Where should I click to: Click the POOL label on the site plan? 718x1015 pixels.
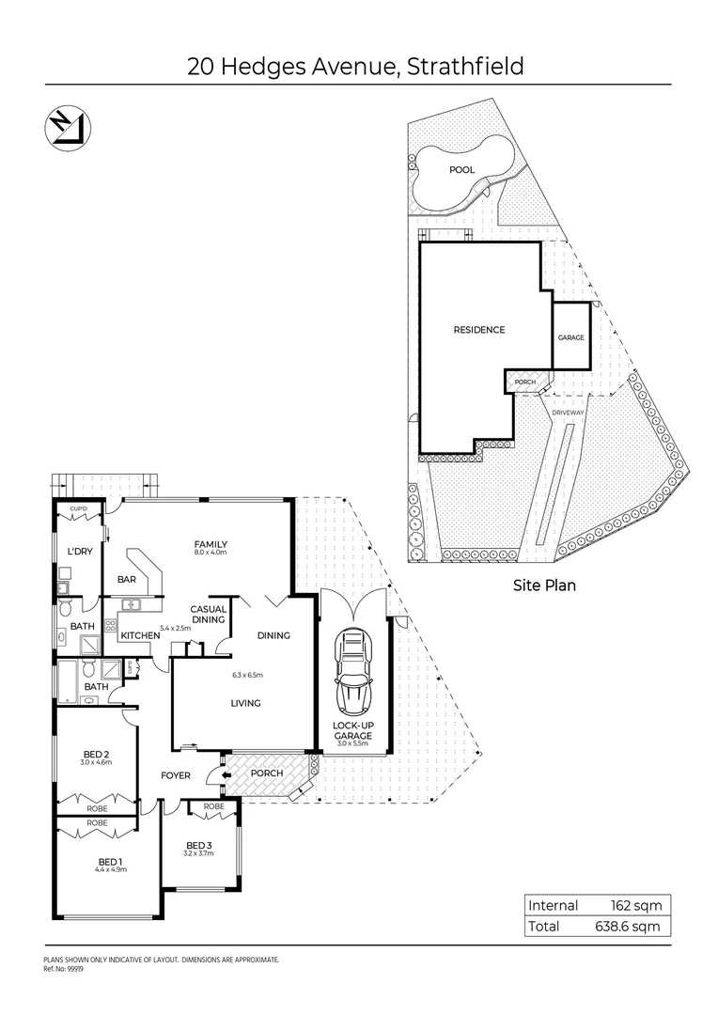[x=461, y=170]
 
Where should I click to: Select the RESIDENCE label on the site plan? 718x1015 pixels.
[x=479, y=330]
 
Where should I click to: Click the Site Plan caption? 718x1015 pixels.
[x=543, y=585]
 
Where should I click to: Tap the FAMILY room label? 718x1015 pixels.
[x=211, y=544]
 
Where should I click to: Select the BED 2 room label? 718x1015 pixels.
[x=98, y=754]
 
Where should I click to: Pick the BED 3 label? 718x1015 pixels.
[x=199, y=844]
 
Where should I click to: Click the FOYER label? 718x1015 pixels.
[x=176, y=776]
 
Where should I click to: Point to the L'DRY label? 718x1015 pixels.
[x=80, y=552]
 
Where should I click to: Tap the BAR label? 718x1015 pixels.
[x=127, y=580]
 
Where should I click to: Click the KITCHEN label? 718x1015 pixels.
[x=139, y=636]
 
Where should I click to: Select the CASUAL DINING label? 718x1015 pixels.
[x=208, y=614]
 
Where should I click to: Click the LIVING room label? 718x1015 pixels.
[x=246, y=703]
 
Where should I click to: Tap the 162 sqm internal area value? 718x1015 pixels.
[x=636, y=906]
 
